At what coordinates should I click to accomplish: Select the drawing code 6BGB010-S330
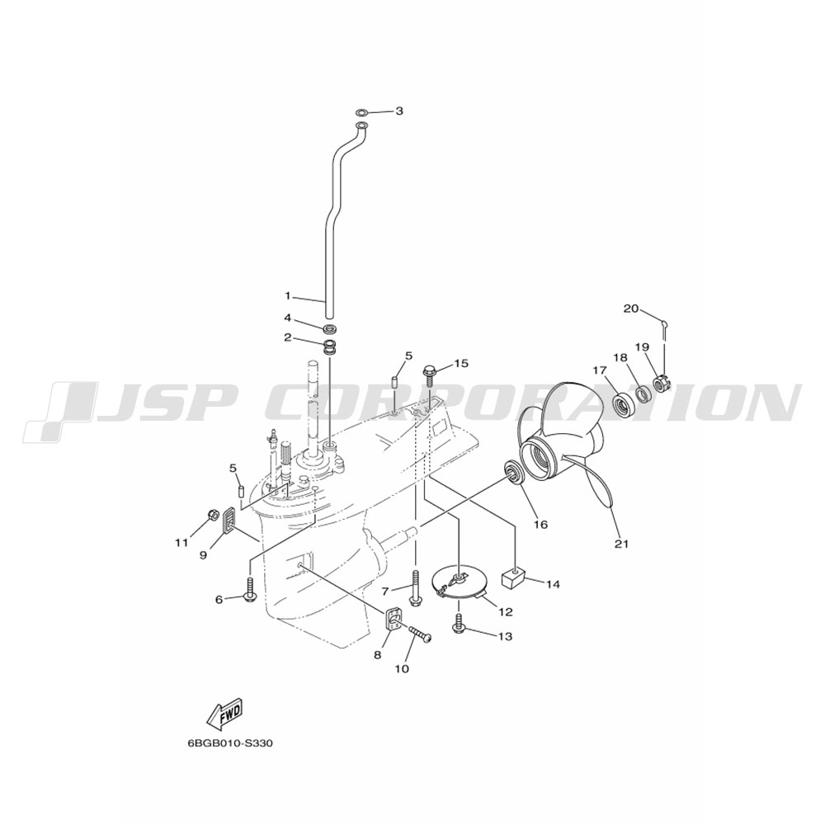coord(230,744)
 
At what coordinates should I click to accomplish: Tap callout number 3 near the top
coord(399,111)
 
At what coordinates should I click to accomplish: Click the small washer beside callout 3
coord(362,112)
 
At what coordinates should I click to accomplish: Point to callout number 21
coord(622,544)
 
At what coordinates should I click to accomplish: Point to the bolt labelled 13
coord(460,622)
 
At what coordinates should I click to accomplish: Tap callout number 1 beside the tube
coord(287,296)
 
